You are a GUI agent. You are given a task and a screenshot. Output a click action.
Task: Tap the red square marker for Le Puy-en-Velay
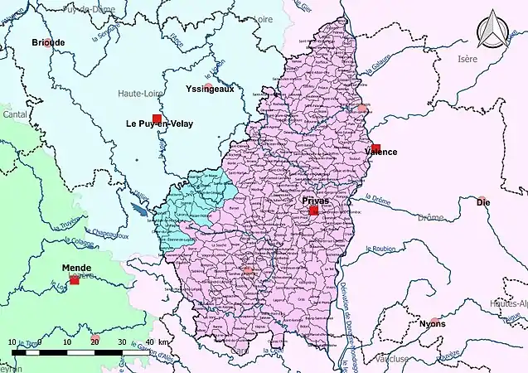point(157,119)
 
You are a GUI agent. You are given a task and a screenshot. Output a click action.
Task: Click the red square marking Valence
point(375,148)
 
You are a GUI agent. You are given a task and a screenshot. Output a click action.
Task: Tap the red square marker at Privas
point(313,211)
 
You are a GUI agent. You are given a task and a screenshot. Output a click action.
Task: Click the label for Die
point(482,201)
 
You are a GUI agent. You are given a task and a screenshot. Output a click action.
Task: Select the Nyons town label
point(432,323)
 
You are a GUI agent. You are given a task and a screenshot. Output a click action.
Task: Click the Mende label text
point(75,269)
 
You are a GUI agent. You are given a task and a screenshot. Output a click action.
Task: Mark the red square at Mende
point(75,280)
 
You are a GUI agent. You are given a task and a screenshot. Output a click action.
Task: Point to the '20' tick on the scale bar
point(94,342)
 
